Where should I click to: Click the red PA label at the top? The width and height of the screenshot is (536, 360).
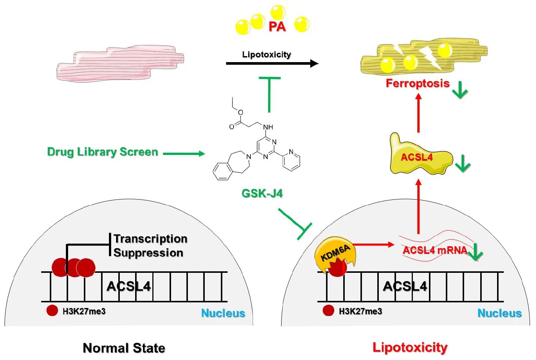[x=277, y=27]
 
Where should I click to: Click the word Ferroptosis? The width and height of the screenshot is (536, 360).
[x=417, y=83]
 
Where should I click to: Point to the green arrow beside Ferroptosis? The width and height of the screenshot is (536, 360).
[x=460, y=90]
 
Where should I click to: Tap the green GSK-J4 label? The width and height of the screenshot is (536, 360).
[x=262, y=193]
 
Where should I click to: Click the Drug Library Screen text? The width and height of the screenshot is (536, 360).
[x=103, y=152]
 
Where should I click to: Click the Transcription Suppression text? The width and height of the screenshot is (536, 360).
[x=150, y=245]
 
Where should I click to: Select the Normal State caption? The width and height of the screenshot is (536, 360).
[x=124, y=348]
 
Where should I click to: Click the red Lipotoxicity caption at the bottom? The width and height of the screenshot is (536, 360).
[x=410, y=347]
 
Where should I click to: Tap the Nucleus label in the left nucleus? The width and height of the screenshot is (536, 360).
[x=223, y=313]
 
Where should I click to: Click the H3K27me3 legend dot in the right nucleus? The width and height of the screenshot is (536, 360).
[x=328, y=311]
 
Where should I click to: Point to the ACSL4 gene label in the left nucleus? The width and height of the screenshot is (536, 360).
[x=128, y=286]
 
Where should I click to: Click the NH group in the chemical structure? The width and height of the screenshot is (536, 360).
[x=268, y=127]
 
